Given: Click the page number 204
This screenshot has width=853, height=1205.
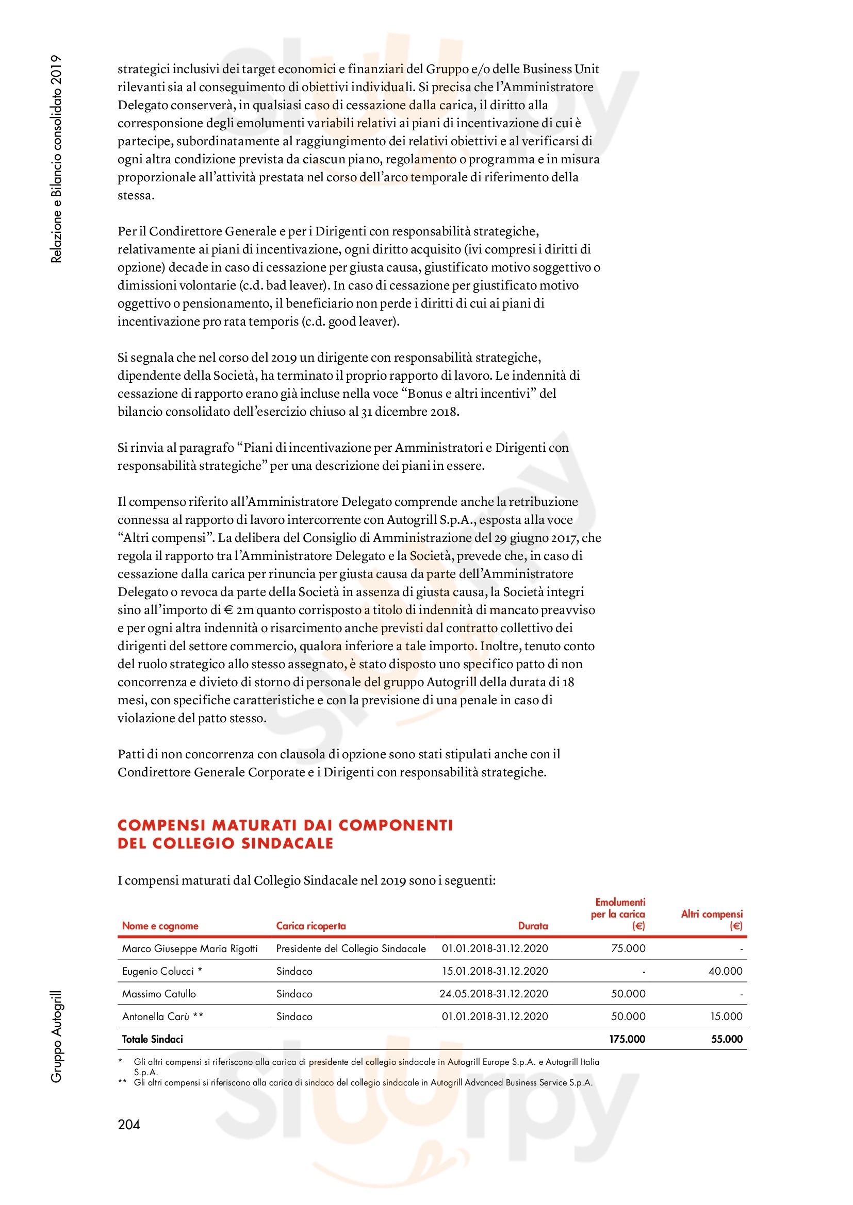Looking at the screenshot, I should (129, 1124).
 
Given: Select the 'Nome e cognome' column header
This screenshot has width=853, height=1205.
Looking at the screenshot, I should (160, 926).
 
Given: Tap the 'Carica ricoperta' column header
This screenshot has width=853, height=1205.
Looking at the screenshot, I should (311, 926).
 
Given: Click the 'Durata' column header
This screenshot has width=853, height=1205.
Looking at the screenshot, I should (533, 926).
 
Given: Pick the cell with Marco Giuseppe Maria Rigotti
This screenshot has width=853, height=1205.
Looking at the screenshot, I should (190, 948).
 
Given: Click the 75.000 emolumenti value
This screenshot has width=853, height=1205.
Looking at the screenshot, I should (628, 948).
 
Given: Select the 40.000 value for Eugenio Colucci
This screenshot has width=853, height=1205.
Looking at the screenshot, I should (726, 971).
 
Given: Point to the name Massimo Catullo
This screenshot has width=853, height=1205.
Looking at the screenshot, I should (159, 993).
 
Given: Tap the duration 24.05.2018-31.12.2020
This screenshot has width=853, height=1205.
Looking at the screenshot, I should (494, 993).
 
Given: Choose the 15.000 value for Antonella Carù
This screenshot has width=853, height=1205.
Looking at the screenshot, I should (727, 1016).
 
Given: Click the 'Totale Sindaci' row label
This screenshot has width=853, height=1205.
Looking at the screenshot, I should (152, 1039).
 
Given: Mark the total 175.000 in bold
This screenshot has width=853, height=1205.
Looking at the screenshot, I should (627, 1039).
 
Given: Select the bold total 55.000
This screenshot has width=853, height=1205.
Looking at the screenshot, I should (727, 1039).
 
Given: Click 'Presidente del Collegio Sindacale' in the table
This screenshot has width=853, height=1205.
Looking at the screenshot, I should (351, 948).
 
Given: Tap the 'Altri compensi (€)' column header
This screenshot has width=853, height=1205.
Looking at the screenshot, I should (712, 920).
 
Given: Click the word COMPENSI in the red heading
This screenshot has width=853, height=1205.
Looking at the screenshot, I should (161, 825).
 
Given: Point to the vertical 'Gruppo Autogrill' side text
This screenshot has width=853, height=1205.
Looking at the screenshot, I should (56, 1036).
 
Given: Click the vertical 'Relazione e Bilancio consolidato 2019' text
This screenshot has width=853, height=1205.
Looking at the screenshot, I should (56, 159).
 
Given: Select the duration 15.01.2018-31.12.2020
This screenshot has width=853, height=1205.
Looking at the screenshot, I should (495, 971).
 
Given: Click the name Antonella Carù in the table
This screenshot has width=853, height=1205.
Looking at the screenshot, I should (155, 1016).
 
